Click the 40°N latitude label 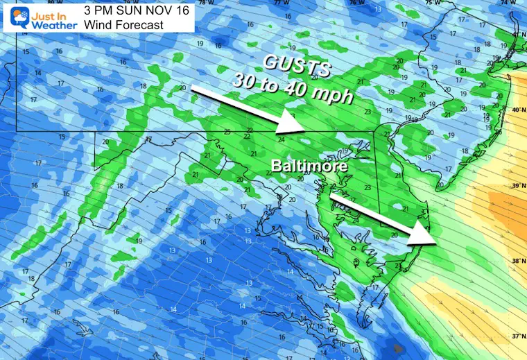(516, 110)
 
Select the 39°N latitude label (516, 186)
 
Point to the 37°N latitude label (516, 336)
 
